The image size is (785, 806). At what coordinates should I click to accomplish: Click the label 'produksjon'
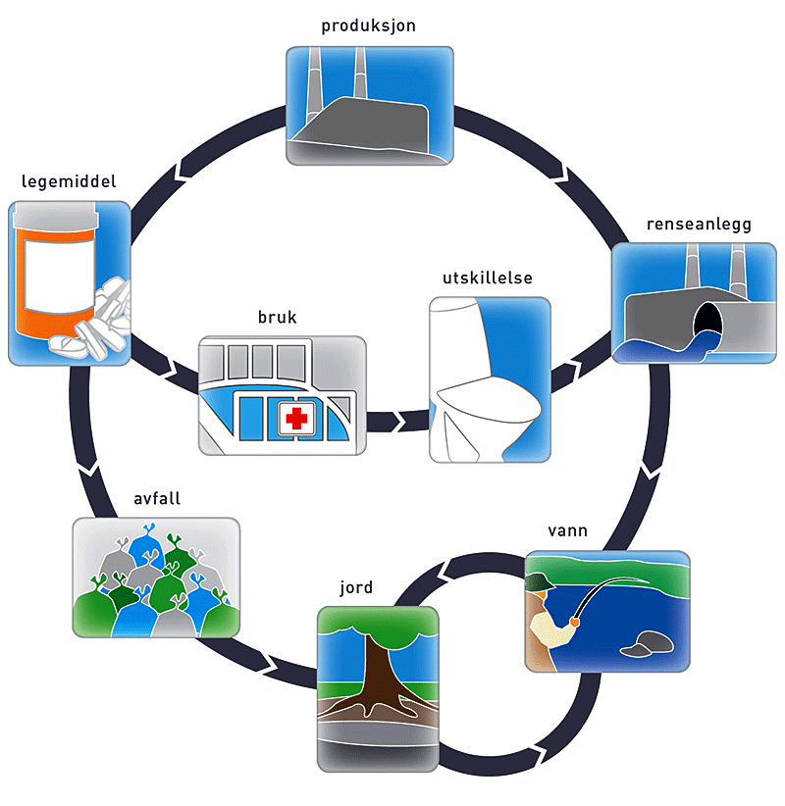coord(368,26)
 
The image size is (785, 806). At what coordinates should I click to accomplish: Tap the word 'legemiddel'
coord(69,182)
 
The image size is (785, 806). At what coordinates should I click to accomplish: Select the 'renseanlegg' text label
coord(699,225)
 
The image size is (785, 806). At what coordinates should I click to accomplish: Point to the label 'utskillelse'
coord(488,278)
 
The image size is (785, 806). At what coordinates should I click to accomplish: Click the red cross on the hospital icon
coord(294,420)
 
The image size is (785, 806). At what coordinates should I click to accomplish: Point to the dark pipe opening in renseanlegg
coord(706,324)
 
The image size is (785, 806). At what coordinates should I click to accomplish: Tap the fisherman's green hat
coord(538,582)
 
